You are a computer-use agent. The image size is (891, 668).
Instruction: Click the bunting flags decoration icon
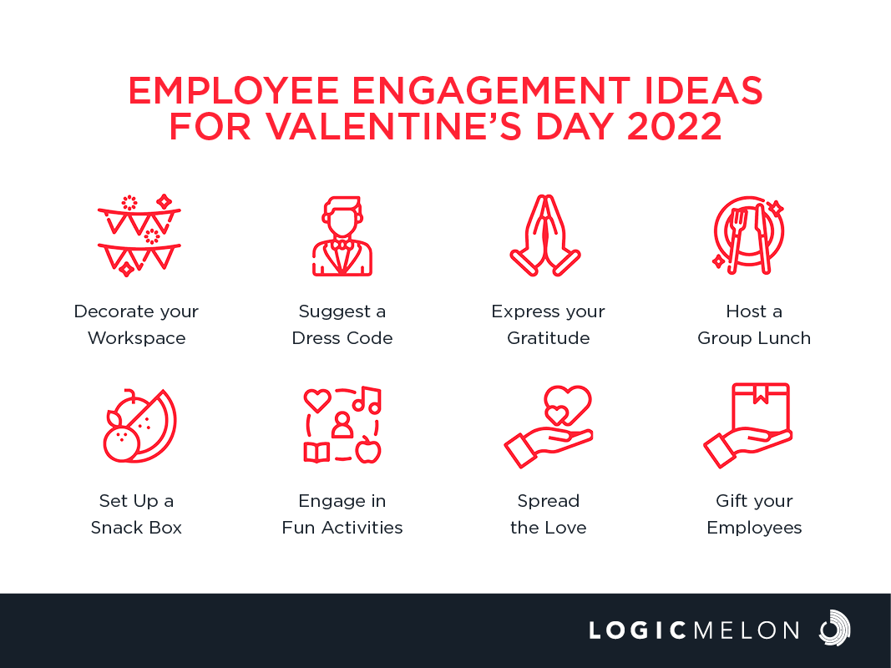point(139,235)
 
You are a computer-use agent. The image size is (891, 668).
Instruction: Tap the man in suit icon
point(342,235)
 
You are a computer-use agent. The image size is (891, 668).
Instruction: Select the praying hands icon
point(545,235)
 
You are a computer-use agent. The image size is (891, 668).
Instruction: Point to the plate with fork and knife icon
point(748,235)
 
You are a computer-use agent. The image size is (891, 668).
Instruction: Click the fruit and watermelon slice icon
point(139,426)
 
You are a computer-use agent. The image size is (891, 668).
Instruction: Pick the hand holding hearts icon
point(549,427)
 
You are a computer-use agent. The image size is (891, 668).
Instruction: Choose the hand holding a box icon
point(748,426)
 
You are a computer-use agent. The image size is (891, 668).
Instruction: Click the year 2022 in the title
point(674,126)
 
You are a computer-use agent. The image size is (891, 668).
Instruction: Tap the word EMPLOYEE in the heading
point(234,91)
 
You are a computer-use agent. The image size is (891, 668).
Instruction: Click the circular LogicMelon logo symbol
point(834,628)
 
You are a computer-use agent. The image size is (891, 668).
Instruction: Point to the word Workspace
point(136,338)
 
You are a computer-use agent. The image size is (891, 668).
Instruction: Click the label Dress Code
point(342,338)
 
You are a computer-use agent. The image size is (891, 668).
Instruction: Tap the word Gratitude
point(549,338)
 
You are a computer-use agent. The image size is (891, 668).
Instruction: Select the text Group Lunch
point(754,338)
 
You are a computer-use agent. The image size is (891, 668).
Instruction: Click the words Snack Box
point(136,528)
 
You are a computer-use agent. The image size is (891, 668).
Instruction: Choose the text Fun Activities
point(342,528)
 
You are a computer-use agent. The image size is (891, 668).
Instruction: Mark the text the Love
point(549,528)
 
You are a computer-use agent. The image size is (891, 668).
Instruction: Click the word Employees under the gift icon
point(754,529)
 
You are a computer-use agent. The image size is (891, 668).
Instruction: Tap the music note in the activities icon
point(367,400)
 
